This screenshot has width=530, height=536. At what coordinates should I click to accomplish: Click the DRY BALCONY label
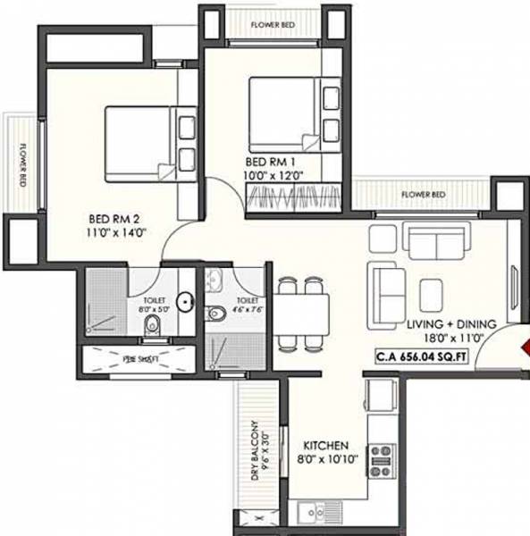pos(257,450)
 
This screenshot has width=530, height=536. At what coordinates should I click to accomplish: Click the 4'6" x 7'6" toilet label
pos(248,305)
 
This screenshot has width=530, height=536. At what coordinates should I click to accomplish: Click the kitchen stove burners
pos(383,460)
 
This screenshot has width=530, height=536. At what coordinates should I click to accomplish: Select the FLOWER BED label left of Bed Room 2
pos(21,164)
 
